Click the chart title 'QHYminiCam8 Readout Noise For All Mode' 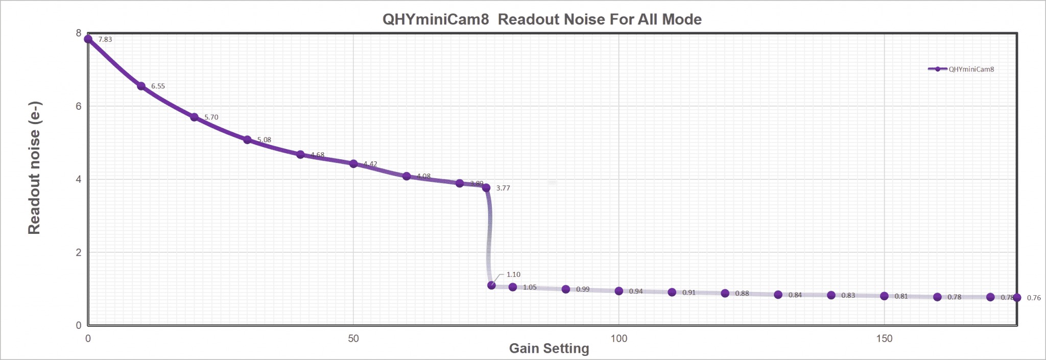click(x=542, y=19)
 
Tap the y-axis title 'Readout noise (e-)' click(x=34, y=168)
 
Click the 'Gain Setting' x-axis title click(x=549, y=348)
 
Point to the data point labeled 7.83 click(x=88, y=39)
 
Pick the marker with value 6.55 click(x=141, y=86)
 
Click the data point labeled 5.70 click(x=194, y=117)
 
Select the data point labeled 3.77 click(x=486, y=187)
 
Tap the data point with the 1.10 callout click(x=491, y=285)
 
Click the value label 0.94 click(x=636, y=292)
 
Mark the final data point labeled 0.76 click(x=1017, y=297)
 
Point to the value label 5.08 click(x=264, y=140)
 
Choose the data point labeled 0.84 click(x=778, y=295)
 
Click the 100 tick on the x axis click(x=619, y=338)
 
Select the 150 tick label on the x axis click(x=884, y=338)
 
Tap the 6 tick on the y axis click(x=79, y=106)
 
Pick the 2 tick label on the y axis click(x=79, y=252)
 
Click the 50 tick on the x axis click(x=353, y=338)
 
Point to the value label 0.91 click(x=689, y=293)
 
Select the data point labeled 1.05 click(x=513, y=287)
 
